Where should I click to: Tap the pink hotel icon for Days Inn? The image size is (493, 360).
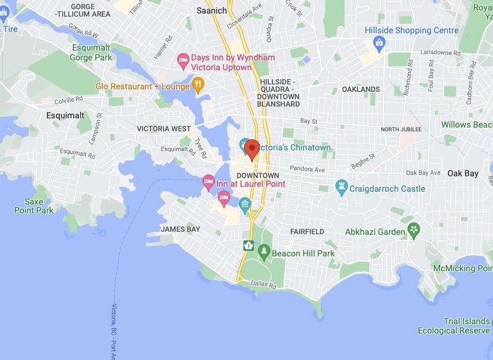pos(182,60)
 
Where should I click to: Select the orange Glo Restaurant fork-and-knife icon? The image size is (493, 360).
pos(198,84)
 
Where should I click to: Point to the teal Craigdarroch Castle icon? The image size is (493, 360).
pos(341,186)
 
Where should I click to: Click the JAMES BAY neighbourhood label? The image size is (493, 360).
pos(181,229)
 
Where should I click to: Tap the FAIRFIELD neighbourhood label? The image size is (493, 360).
pos(307,232)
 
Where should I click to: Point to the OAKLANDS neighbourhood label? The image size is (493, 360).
pos(361,89)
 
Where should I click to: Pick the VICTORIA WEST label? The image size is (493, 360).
pos(164,129)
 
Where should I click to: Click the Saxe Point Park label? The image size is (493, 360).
pos(35,206)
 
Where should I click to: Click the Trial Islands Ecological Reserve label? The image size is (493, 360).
pos(455,326)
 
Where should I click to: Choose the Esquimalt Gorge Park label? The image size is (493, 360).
pos(90,53)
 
